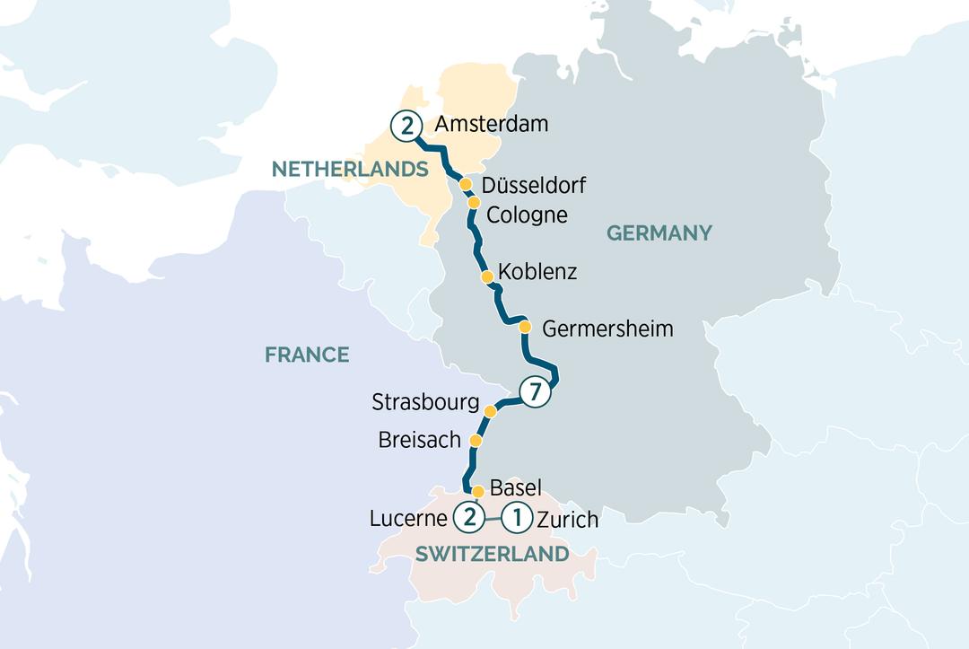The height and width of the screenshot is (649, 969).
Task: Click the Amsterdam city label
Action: click(491, 126)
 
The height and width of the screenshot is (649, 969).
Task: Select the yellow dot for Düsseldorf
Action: click(466, 184)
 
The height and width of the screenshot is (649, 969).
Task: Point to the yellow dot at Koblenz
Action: click(486, 276)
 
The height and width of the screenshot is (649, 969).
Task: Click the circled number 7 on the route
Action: click(535, 391)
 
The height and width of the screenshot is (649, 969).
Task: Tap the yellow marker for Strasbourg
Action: click(490, 411)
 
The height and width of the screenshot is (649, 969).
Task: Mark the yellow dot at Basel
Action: click(478, 491)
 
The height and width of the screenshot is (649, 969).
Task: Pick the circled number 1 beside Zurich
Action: click(517, 516)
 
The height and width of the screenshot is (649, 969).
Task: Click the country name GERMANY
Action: click(659, 233)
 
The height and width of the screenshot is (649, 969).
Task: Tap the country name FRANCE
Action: click(307, 355)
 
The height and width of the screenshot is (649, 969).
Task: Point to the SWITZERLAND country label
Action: click(492, 554)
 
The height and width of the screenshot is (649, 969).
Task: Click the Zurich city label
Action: click(566, 520)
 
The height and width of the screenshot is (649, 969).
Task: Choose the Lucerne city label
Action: click(409, 519)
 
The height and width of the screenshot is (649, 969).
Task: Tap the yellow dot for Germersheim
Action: click(526, 326)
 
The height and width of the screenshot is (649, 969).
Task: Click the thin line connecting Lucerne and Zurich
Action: click(493, 516)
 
